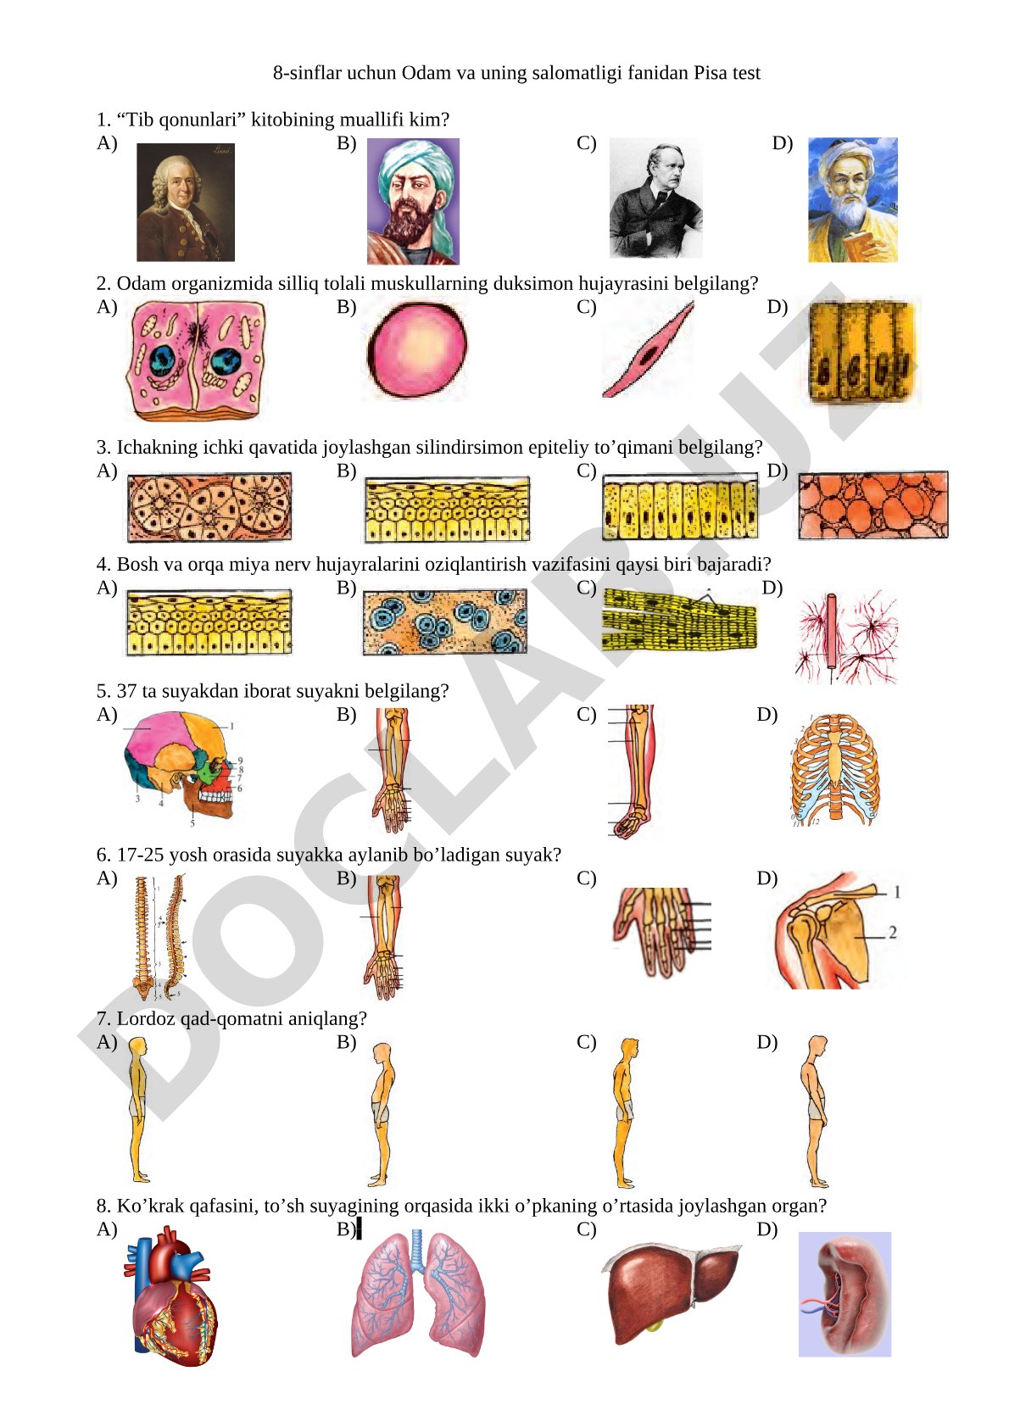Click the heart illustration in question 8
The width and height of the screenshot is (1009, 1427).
170,1296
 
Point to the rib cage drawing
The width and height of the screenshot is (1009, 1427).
835,770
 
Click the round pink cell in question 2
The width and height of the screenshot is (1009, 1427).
417,349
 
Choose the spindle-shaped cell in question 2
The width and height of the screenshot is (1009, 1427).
648,349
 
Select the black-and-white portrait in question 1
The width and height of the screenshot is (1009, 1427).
655,198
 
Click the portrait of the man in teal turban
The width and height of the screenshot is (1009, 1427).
413,201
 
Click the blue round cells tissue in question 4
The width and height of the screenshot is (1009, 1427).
444,622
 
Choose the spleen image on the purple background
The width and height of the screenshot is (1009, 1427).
845,1295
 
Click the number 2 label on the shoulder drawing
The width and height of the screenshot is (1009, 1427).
893,933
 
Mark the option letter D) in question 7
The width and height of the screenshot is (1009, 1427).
767,1042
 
